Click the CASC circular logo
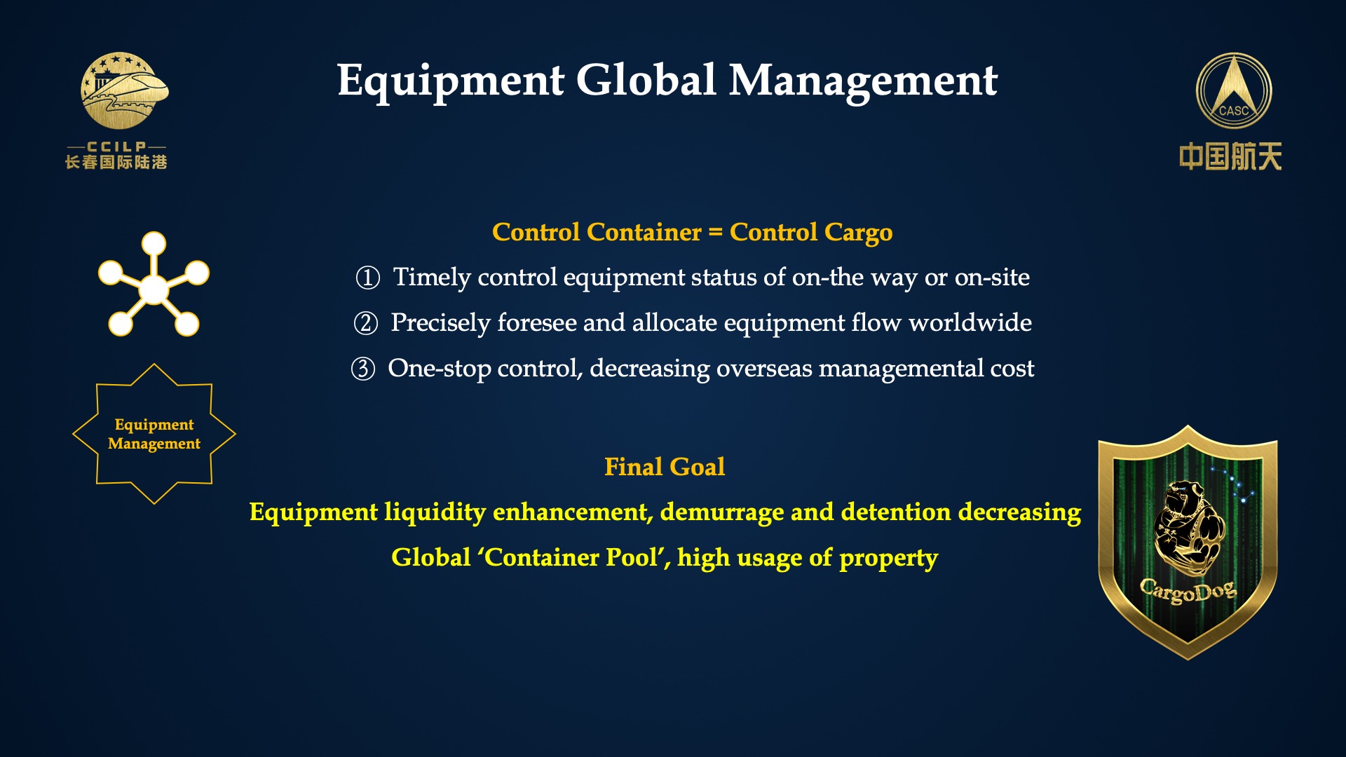coord(1234,91)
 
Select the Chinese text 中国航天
coord(1230,156)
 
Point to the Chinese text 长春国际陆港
coord(116,163)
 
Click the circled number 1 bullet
coord(368,278)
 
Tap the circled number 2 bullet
coord(366,323)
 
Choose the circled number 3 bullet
coord(363,369)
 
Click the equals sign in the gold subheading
coord(715,233)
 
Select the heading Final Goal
coord(665,467)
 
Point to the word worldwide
coord(970,322)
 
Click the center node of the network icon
coord(154,289)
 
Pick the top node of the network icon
coord(154,244)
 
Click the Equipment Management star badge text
coord(154,434)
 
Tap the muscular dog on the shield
coord(1188,526)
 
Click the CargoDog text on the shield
coord(1188,591)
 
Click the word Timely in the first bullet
coord(432,278)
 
